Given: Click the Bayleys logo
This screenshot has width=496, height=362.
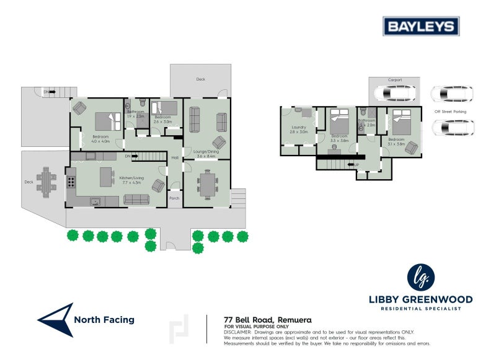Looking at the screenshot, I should pyautogui.click(x=420, y=26).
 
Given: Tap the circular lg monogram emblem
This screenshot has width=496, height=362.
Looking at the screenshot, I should pyautogui.click(x=421, y=276).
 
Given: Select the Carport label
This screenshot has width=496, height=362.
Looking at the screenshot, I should pyautogui.click(x=394, y=80).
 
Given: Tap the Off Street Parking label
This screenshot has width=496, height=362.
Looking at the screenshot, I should pyautogui.click(x=450, y=112).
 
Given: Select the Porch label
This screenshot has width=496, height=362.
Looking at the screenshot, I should pyautogui.click(x=175, y=198).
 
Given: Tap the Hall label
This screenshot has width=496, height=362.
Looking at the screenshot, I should pyautogui.click(x=175, y=157).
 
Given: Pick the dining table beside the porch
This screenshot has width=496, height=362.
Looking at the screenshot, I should pyautogui.click(x=206, y=183).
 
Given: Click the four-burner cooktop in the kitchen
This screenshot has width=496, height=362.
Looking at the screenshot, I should pyautogui.click(x=72, y=182).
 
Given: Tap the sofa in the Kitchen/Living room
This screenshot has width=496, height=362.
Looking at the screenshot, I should pyautogui.click(x=136, y=199).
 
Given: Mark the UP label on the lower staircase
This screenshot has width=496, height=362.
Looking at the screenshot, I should pyautogui.click(x=356, y=165).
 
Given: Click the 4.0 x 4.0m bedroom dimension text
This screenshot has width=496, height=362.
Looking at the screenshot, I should pyautogui.click(x=101, y=141).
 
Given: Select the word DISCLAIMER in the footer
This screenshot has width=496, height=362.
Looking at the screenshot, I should pyautogui.click(x=237, y=332).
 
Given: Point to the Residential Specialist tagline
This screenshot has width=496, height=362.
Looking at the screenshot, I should pyautogui.click(x=422, y=307).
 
